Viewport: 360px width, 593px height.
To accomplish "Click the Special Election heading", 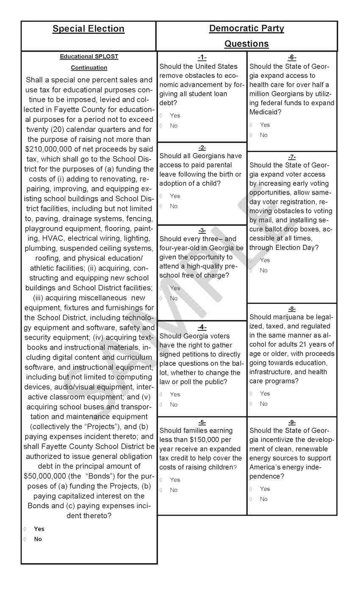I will click(89, 29).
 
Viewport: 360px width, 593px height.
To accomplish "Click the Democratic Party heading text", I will click(246, 28).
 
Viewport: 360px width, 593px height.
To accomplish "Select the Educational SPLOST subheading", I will click(89, 56).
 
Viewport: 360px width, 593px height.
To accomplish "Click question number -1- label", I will click(202, 58).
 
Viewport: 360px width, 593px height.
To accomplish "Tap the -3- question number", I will click(202, 230).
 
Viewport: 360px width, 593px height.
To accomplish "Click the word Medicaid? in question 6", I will click(266, 112).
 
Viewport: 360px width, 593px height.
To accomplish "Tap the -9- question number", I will click(292, 422).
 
